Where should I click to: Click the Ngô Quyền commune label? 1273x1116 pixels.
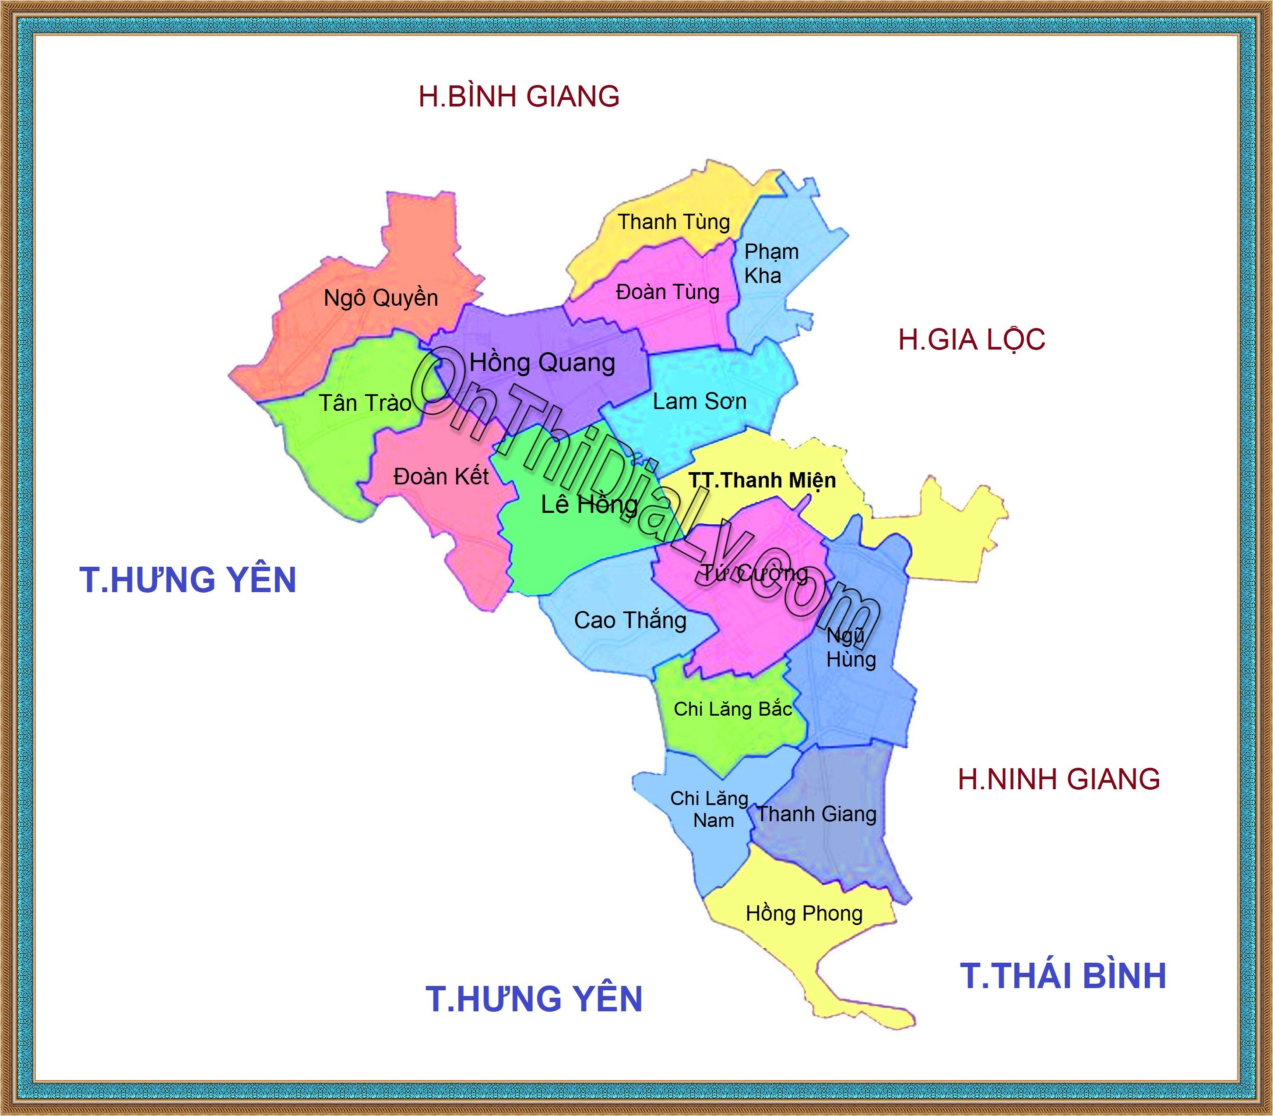(381, 298)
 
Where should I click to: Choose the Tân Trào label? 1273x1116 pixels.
(366, 403)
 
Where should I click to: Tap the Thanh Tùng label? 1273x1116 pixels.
(674, 222)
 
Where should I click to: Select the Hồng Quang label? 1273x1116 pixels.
(542, 363)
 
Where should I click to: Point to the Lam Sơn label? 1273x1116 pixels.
(700, 402)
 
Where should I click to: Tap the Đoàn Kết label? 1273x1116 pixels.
(441, 477)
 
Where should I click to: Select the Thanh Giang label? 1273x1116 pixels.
(816, 814)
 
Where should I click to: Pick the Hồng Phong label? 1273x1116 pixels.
(804, 914)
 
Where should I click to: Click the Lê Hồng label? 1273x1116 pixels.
(589, 505)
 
